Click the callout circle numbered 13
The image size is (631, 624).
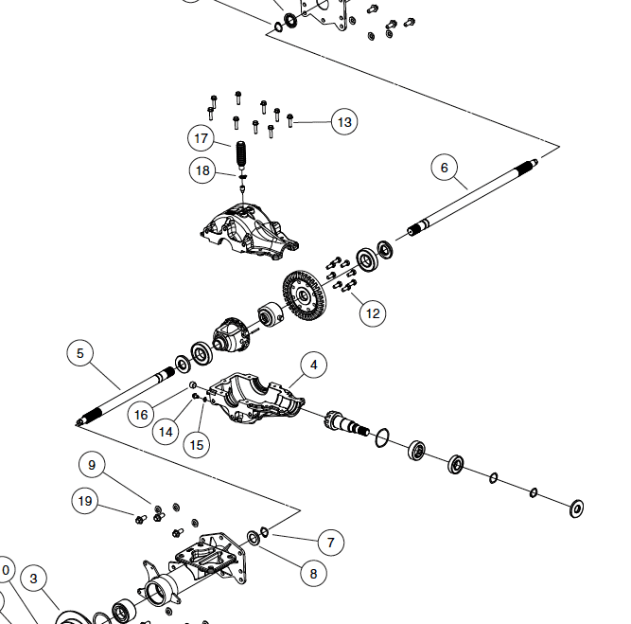(343, 122)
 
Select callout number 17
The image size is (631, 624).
(201, 138)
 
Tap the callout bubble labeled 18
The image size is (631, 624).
(202, 171)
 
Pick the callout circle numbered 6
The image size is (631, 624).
(444, 168)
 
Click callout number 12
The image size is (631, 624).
(373, 312)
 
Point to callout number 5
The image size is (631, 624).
(80, 353)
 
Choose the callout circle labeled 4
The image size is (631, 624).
(313, 364)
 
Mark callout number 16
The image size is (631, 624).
(141, 414)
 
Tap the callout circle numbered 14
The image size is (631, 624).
(167, 432)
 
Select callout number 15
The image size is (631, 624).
(196, 444)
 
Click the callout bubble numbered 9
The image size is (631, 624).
(92, 465)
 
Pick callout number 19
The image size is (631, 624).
(86, 501)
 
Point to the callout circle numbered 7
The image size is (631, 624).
(330, 543)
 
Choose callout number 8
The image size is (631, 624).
(313, 572)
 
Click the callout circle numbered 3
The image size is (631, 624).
(33, 579)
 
